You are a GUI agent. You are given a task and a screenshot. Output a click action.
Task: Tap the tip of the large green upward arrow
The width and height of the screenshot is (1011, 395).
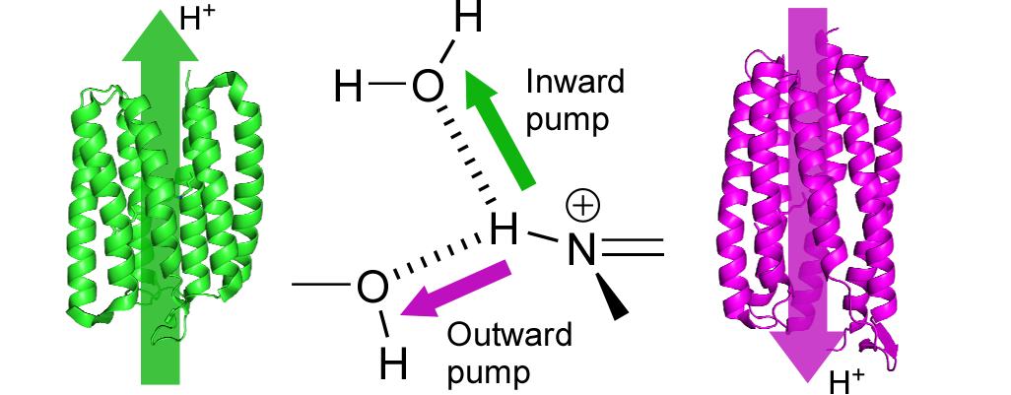pos(157,12)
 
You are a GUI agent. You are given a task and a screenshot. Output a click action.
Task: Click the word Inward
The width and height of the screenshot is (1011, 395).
pos(575,82)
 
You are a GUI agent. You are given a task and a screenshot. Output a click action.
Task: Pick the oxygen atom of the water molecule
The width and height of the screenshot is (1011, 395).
pos(426,87)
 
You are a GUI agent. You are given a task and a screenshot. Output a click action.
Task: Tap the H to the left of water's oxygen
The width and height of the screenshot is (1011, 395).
pos(349,88)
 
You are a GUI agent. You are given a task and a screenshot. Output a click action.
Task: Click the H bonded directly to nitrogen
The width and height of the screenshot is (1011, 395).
pos(505,231)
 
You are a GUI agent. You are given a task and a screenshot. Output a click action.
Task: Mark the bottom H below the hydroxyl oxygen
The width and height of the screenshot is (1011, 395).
pos(393,363)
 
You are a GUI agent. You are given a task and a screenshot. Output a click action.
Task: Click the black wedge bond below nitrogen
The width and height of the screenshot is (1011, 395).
pos(614,296)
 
